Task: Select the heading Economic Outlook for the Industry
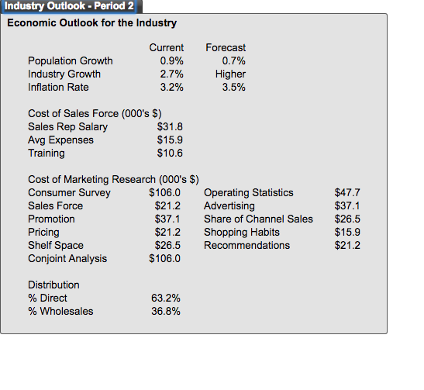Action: (92, 22)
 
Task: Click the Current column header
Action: (167, 47)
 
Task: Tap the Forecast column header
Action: (226, 47)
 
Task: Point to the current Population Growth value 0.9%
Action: (171, 60)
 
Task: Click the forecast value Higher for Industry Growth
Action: (230, 74)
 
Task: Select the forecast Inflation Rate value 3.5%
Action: (233, 88)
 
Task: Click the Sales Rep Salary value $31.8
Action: (170, 127)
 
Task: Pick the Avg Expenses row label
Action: (60, 140)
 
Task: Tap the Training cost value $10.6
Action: (170, 153)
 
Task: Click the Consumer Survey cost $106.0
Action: (164, 193)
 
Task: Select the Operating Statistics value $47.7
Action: (347, 193)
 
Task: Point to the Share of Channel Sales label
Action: (258, 219)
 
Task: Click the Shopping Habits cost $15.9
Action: (347, 233)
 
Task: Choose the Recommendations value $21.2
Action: (347, 246)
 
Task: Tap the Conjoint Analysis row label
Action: (67, 259)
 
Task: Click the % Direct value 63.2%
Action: (165, 299)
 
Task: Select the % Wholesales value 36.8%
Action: (165, 312)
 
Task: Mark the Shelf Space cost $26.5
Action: (167, 246)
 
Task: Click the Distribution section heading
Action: (53, 285)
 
